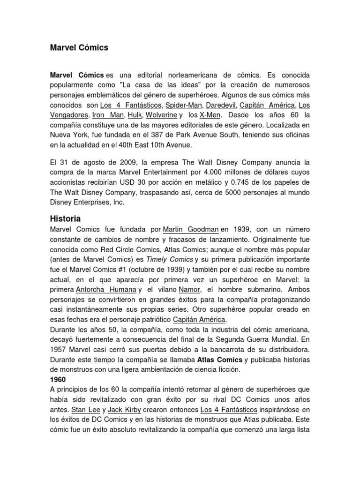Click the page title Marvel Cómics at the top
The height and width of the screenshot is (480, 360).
(79, 47)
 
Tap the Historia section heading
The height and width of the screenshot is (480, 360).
(65, 219)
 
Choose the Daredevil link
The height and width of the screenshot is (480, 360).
(223, 105)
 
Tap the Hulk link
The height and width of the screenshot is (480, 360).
(135, 114)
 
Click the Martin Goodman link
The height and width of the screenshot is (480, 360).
(191, 230)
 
